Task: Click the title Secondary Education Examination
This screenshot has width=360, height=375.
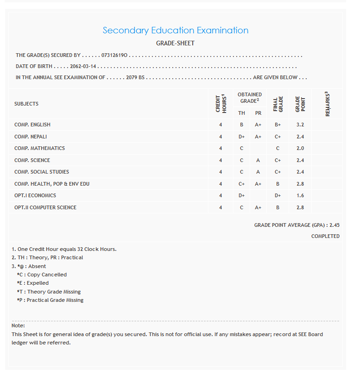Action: (175, 31)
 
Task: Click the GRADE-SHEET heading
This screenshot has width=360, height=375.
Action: (175, 44)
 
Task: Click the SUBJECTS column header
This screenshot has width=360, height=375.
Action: (26, 104)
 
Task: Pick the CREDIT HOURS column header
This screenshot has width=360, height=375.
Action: (221, 104)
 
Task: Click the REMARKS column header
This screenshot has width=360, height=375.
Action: (328, 104)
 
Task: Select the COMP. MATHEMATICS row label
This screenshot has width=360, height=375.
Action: (39, 149)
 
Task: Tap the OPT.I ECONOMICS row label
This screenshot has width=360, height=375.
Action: (35, 195)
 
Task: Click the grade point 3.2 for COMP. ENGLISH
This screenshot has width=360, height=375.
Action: (300, 125)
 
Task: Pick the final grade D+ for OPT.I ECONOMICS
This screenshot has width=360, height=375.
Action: (278, 195)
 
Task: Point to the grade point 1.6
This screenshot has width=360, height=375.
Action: (300, 195)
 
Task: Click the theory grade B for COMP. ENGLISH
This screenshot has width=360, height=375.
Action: (241, 125)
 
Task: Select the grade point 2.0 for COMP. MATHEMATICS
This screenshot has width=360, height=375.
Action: (300, 149)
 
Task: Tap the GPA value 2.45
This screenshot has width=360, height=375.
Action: (334, 225)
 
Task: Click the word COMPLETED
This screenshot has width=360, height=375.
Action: (325, 236)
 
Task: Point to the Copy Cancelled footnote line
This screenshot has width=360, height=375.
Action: (42, 275)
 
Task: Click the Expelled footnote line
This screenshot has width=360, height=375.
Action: (33, 283)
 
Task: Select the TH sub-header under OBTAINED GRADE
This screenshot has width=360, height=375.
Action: (241, 113)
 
